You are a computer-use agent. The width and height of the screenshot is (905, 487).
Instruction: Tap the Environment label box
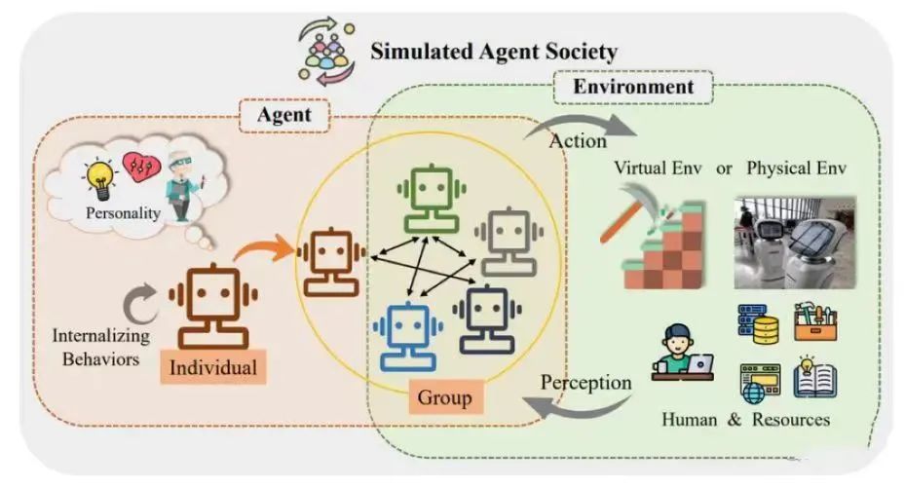(633, 87)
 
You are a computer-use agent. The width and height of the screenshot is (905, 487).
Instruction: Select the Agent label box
(283, 116)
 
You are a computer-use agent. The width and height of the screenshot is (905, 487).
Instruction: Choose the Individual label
(213, 368)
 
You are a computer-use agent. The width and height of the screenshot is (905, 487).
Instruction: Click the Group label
(444, 397)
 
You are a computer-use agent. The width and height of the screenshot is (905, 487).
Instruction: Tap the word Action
(578, 140)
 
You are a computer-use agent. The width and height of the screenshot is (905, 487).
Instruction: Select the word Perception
(586, 381)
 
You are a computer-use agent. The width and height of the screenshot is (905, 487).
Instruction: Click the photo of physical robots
(794, 243)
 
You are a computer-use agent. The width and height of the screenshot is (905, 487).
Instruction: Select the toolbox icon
(815, 320)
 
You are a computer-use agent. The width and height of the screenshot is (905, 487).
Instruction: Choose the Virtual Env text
(657, 167)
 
